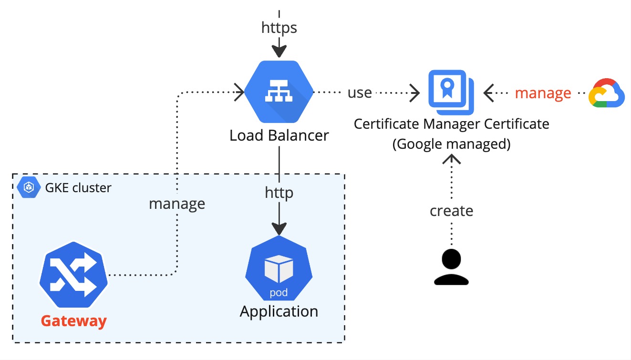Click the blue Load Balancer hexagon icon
[x=279, y=92]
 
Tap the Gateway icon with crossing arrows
[x=73, y=274]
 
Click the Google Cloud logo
[x=606, y=93]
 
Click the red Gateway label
[x=73, y=321]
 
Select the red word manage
[x=543, y=93]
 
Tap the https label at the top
[x=279, y=28]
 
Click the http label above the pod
[x=279, y=193]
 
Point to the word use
[x=359, y=93]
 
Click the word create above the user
[x=451, y=210]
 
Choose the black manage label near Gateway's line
[x=177, y=204]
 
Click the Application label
[x=279, y=311]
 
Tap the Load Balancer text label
[x=279, y=135]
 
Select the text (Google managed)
[x=451, y=144]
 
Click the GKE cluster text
[x=78, y=188]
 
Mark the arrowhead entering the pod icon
[x=279, y=228]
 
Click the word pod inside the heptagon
[x=279, y=292]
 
